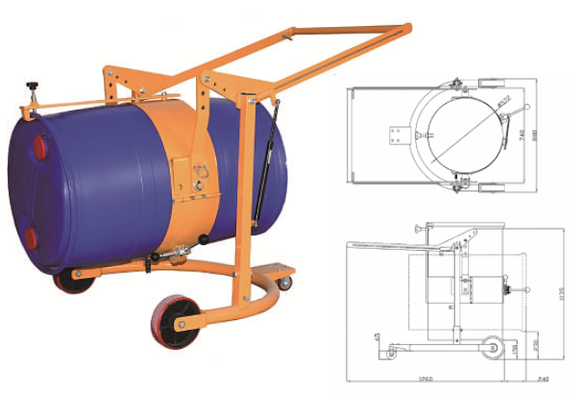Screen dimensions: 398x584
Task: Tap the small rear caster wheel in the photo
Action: pyautogui.click(x=284, y=283)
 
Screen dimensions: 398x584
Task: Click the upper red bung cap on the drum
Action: pyautogui.click(x=39, y=147)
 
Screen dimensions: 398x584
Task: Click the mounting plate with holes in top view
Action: pyautogui.click(x=397, y=136)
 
